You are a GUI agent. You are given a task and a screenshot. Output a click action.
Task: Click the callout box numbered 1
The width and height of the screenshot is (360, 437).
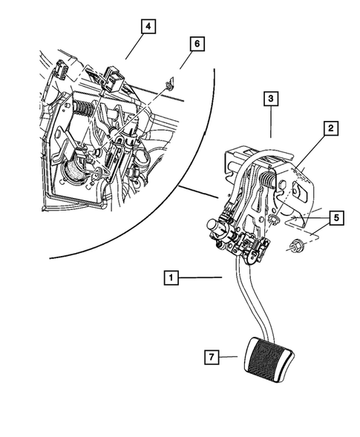tap(171, 277)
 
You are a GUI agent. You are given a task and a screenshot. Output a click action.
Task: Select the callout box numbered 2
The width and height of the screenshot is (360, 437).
tap(331, 128)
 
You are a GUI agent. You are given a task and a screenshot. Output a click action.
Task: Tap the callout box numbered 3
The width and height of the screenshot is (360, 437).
tap(271, 99)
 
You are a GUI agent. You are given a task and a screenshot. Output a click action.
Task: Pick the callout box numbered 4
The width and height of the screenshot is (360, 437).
tap(148, 27)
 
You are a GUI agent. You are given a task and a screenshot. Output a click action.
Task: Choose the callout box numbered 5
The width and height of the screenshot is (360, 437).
tap(336, 218)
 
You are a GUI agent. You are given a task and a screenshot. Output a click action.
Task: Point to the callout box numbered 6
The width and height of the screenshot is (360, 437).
tap(197, 44)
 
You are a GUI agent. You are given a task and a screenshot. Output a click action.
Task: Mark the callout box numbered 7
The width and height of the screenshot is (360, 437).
tap(212, 357)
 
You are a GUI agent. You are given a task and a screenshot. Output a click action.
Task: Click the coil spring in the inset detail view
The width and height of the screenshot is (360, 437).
tap(84, 108)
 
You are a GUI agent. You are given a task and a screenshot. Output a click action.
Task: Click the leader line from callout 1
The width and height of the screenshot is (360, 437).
tap(200, 277)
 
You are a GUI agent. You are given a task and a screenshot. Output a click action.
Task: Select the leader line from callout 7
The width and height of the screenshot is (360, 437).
tap(228, 357)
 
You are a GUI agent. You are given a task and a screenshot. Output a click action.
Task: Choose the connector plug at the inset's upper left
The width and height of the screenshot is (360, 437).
tap(62, 70)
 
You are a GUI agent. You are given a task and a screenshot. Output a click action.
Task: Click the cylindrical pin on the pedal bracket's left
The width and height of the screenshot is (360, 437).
tap(215, 226)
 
